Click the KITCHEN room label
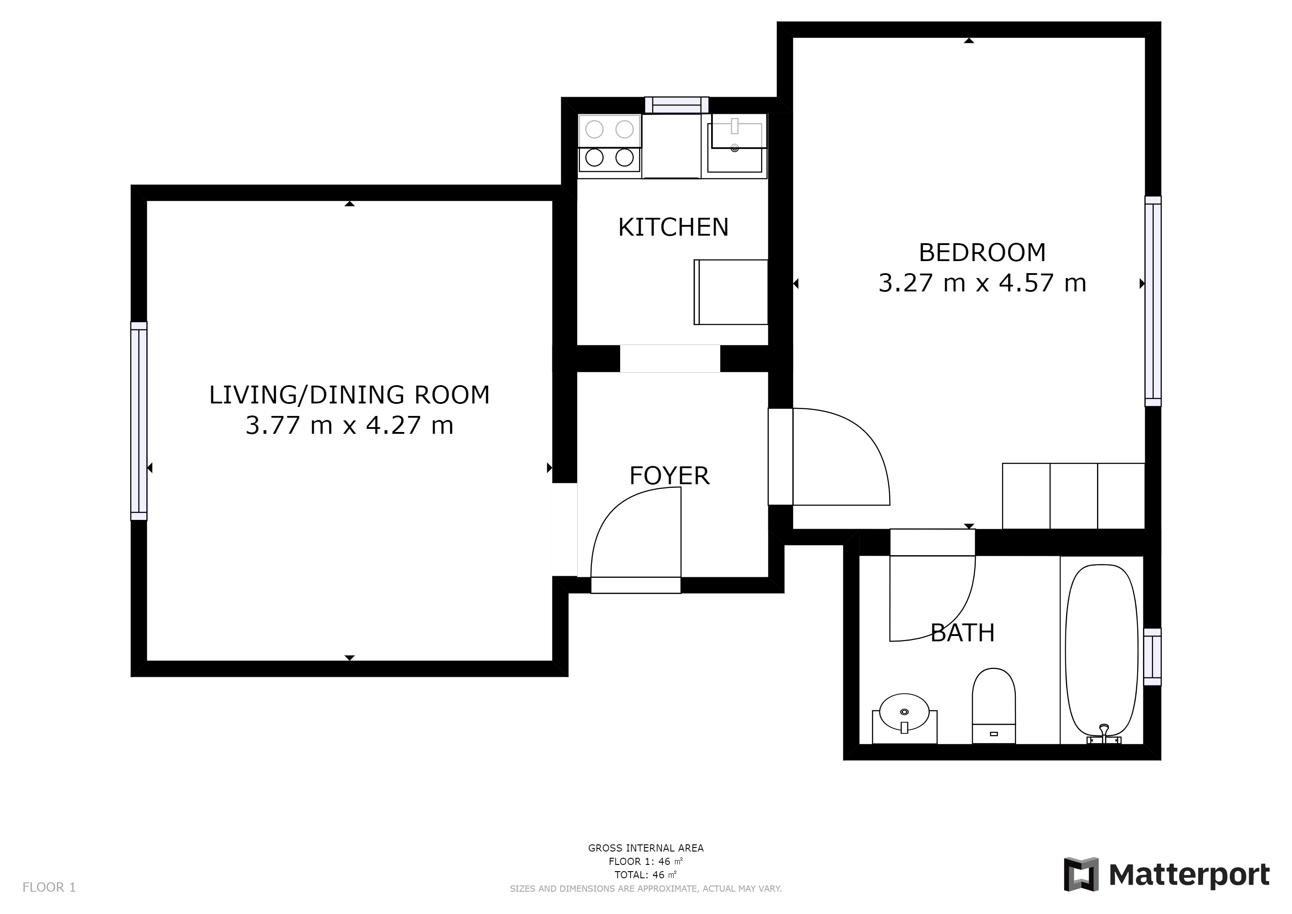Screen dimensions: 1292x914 pos(673,227)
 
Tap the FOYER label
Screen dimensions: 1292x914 pos(669,476)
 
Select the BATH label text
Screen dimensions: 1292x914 pos(962,633)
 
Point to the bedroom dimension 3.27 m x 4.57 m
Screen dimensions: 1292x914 pos(982,283)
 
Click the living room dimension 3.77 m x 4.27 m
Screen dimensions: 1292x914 pos(349,425)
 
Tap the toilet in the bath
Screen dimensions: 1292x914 pos(994,706)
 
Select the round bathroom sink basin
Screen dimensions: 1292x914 pos(904,712)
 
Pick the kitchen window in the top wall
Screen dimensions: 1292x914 pos(676,105)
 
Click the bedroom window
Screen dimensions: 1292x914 pos(1153,301)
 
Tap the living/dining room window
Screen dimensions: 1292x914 pos(139,421)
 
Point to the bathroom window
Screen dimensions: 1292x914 pos(1152,657)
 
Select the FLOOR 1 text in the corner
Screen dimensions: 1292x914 pos(49,888)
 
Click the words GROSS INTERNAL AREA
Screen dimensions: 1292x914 pos(646,848)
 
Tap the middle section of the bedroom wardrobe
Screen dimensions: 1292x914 pos(1074,496)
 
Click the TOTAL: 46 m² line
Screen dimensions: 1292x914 pos(646,875)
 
